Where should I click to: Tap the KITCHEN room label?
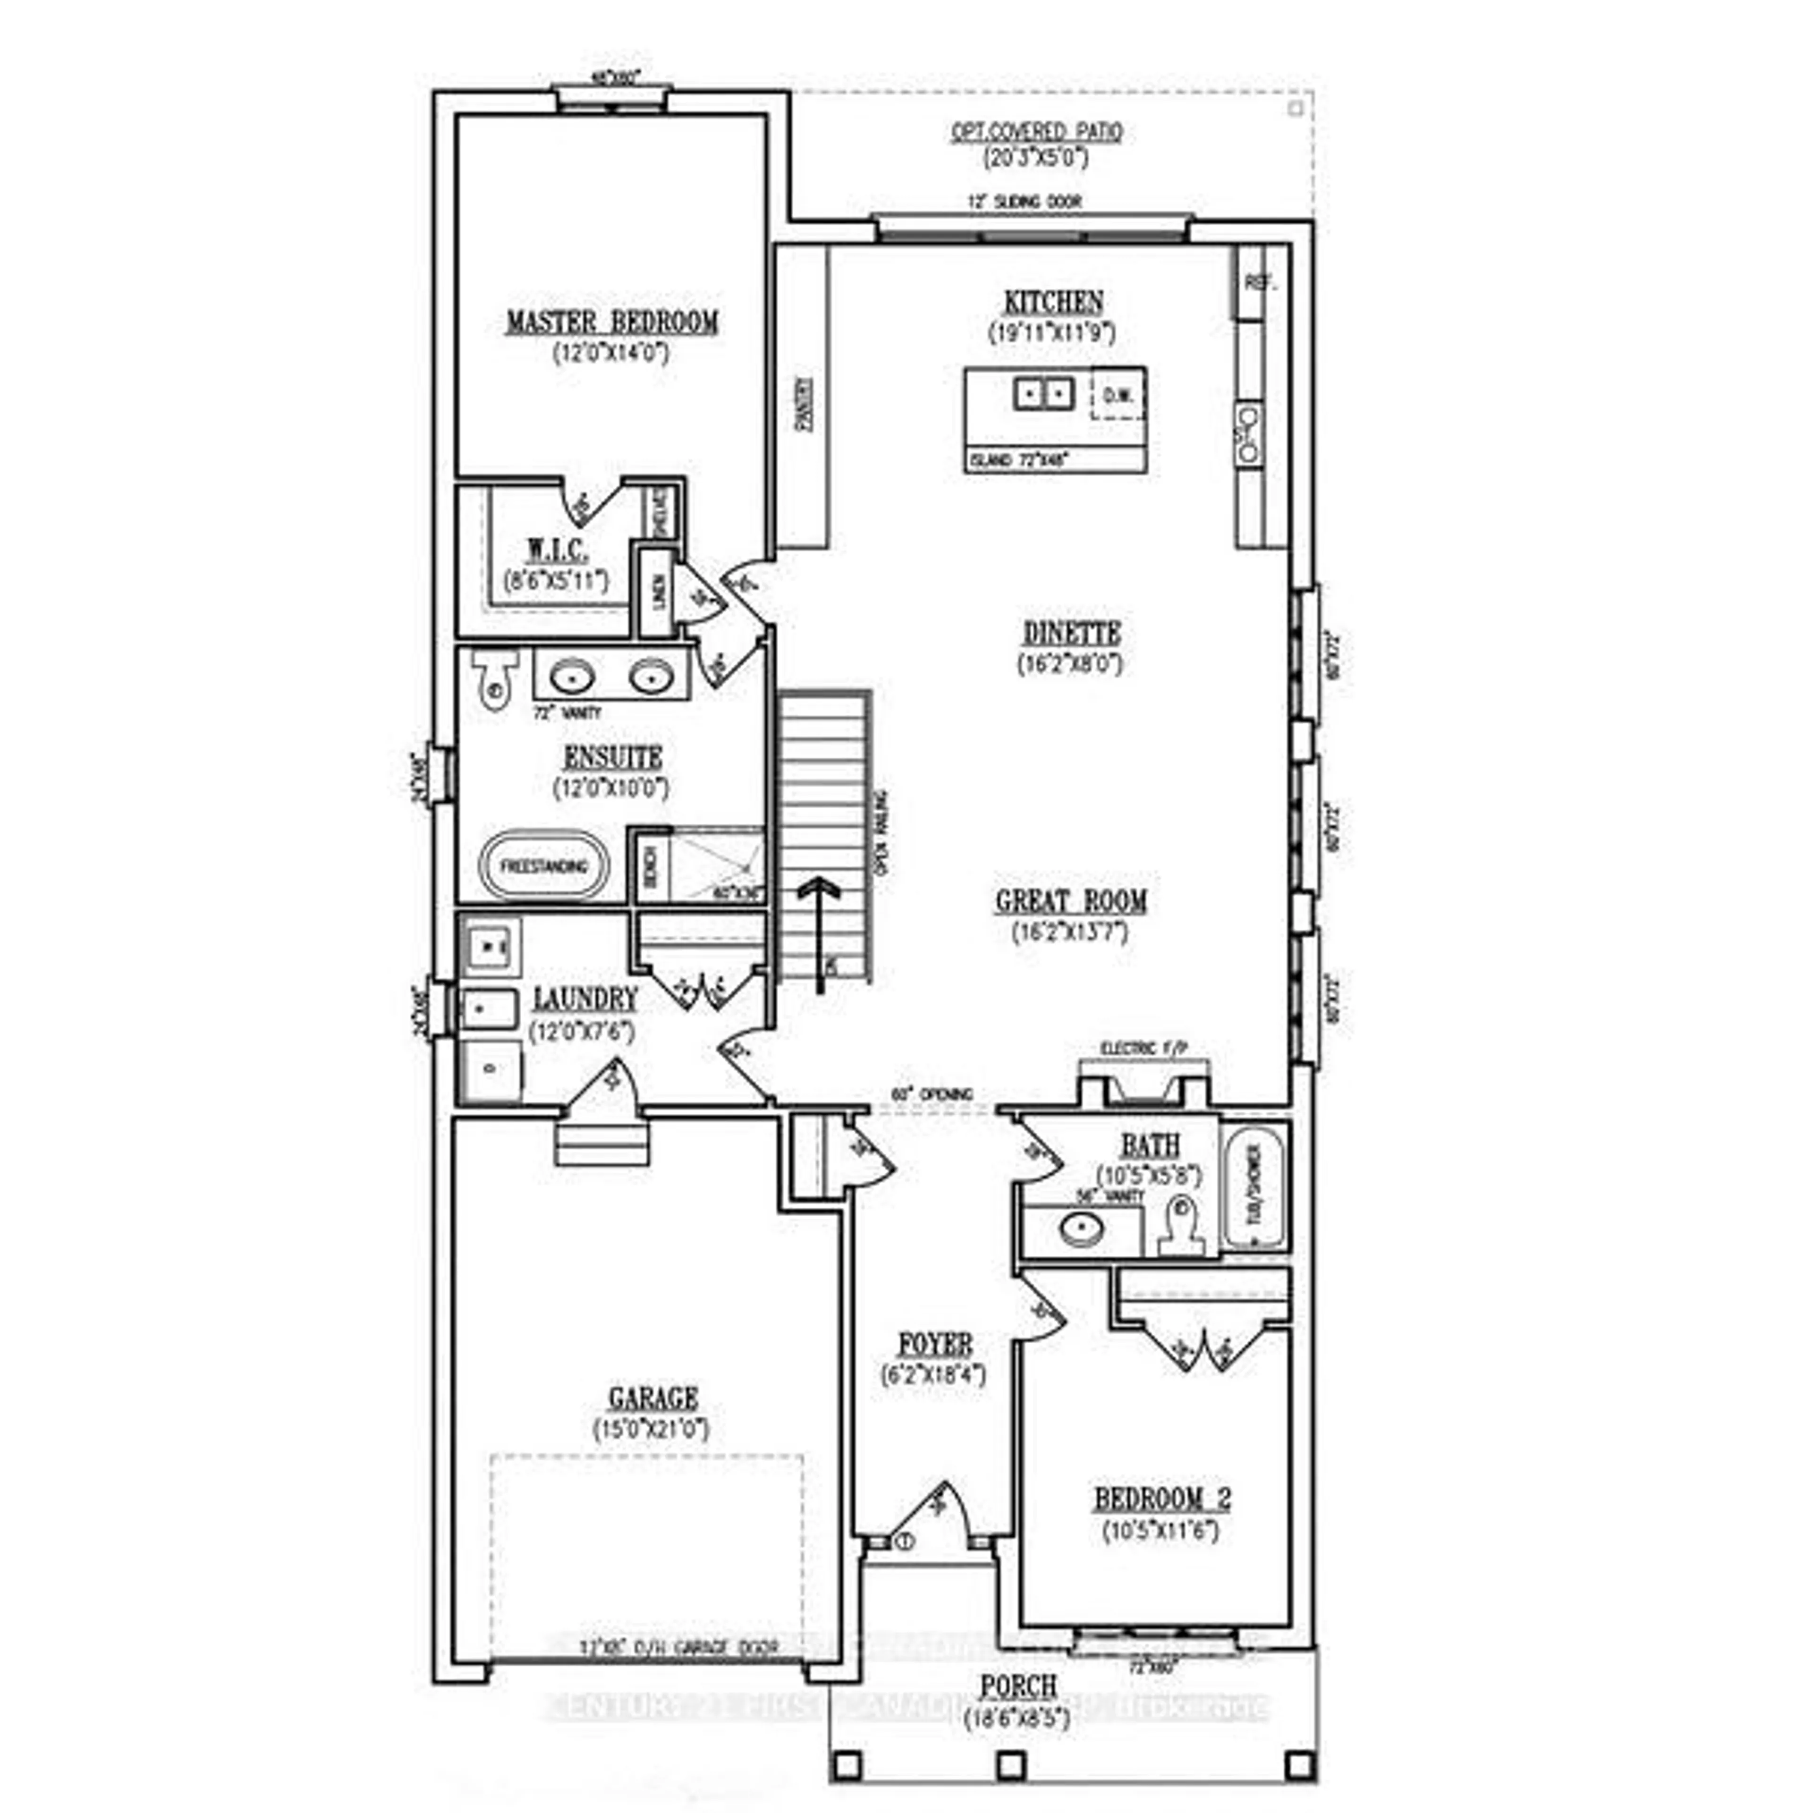(x=1053, y=302)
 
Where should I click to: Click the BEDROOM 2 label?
(x=1162, y=1499)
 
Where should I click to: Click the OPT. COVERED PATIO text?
(x=1036, y=132)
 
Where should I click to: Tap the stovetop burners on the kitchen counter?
(x=1249, y=434)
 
